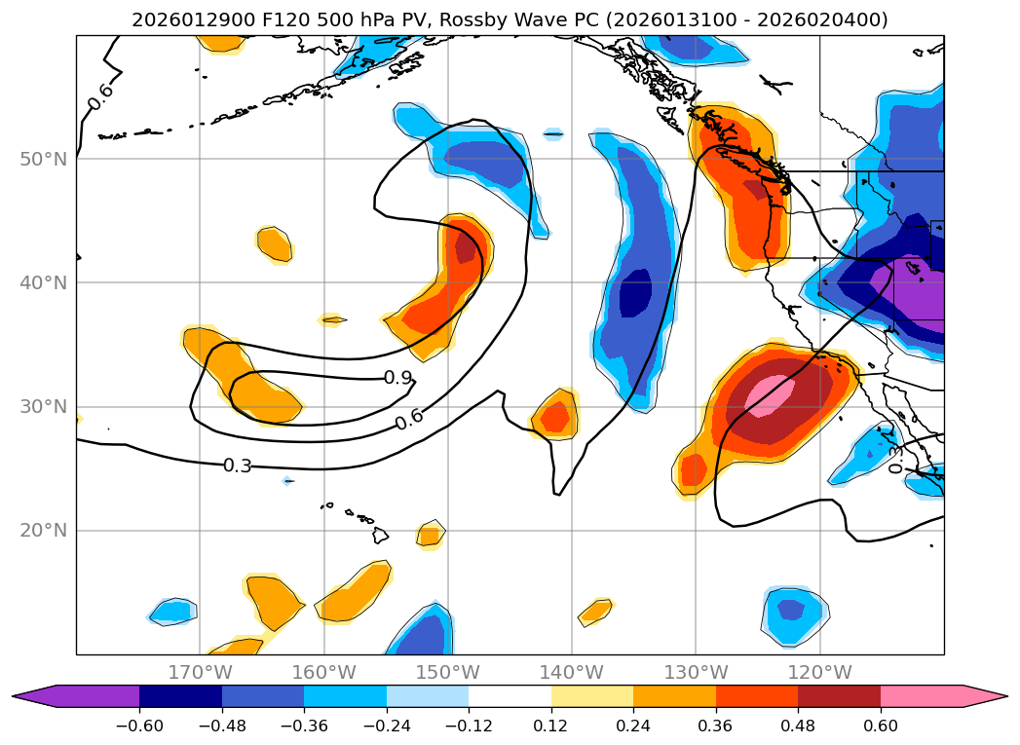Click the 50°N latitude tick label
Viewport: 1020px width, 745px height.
pos(44,159)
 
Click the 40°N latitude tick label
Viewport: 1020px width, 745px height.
pos(44,283)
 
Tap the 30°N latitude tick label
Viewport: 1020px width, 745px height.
pos(44,407)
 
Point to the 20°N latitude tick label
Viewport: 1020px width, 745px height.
pos(44,531)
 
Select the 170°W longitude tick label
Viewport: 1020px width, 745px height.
pos(200,672)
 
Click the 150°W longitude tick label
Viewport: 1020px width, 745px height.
pos(448,672)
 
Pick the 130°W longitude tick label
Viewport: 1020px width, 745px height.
pos(696,672)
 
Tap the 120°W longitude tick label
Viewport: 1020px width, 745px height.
pos(819,672)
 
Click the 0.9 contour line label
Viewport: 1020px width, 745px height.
pos(397,377)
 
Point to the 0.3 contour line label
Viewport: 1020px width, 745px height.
pos(237,466)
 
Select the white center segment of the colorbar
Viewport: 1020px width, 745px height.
pos(510,696)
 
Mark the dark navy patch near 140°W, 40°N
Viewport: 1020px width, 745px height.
pos(636,290)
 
